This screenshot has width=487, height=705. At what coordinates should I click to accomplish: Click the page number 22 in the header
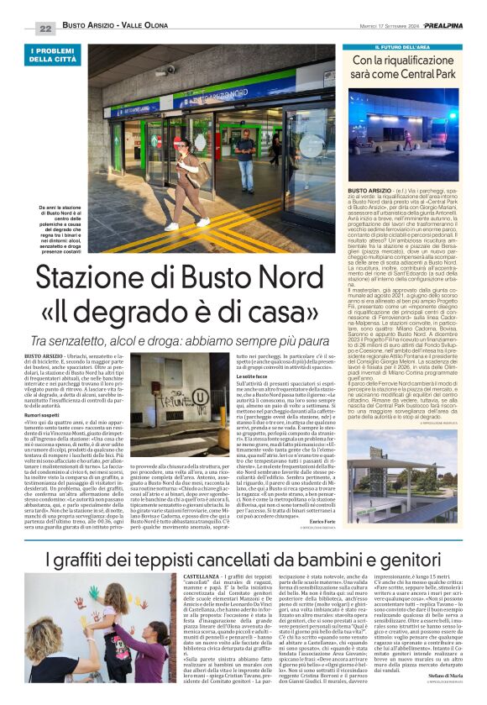pyautogui.click(x=45, y=28)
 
